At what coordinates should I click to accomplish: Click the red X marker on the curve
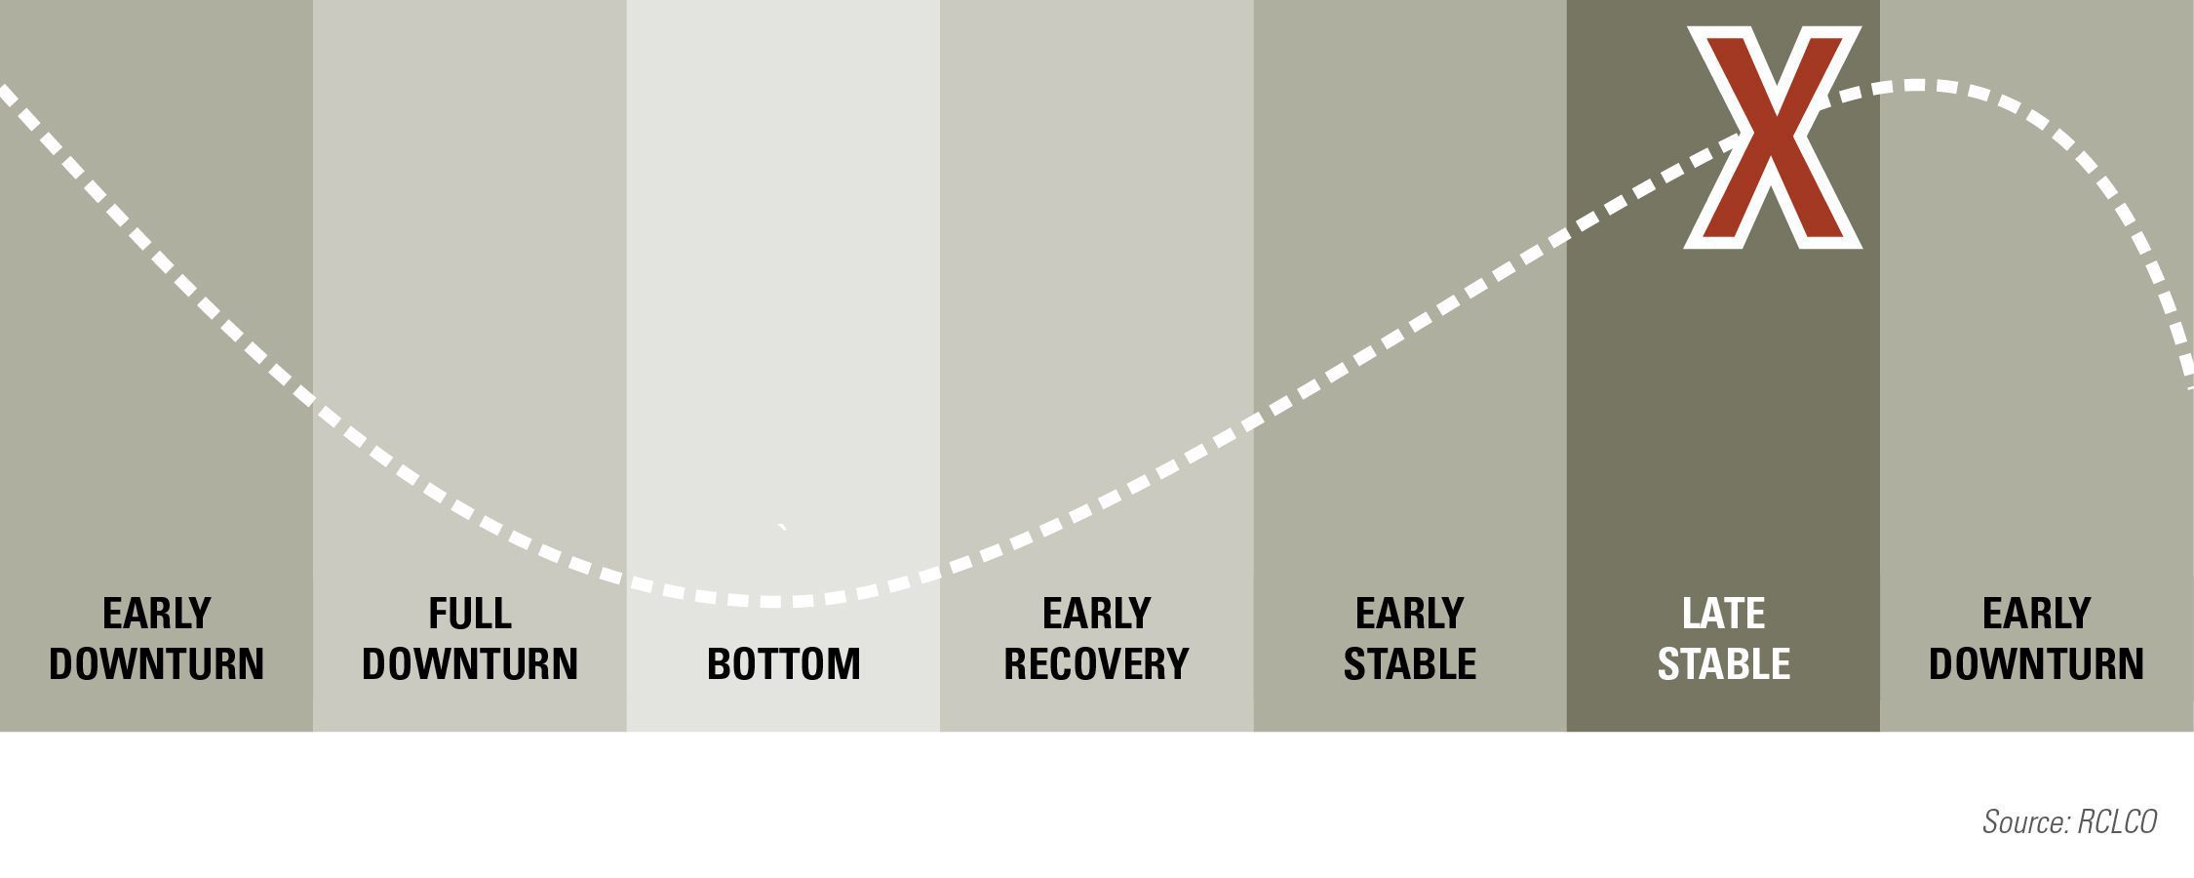pos(1774,137)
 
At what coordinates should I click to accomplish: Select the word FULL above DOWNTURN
pos(470,614)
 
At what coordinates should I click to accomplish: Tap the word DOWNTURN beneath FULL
pos(470,664)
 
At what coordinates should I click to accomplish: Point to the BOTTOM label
pos(784,664)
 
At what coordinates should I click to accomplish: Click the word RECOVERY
pos(1097,664)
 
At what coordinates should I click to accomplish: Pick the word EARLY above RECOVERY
pos(1097,614)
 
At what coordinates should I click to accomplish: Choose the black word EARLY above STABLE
pos(1410,614)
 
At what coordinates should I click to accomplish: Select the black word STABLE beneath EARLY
pos(1410,664)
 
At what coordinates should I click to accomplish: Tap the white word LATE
pos(1724,614)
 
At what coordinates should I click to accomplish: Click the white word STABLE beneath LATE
pos(1724,664)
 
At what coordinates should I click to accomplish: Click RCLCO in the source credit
pos(2118,822)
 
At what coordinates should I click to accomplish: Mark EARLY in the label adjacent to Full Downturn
pos(157,614)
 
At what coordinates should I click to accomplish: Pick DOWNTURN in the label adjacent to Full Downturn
pos(157,664)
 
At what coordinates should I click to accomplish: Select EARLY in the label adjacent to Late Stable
pos(2037,614)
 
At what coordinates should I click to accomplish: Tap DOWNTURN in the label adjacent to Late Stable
pos(2037,664)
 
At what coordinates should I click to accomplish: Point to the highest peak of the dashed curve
pos(1916,86)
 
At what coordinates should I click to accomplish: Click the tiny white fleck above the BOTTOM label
pos(781,527)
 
